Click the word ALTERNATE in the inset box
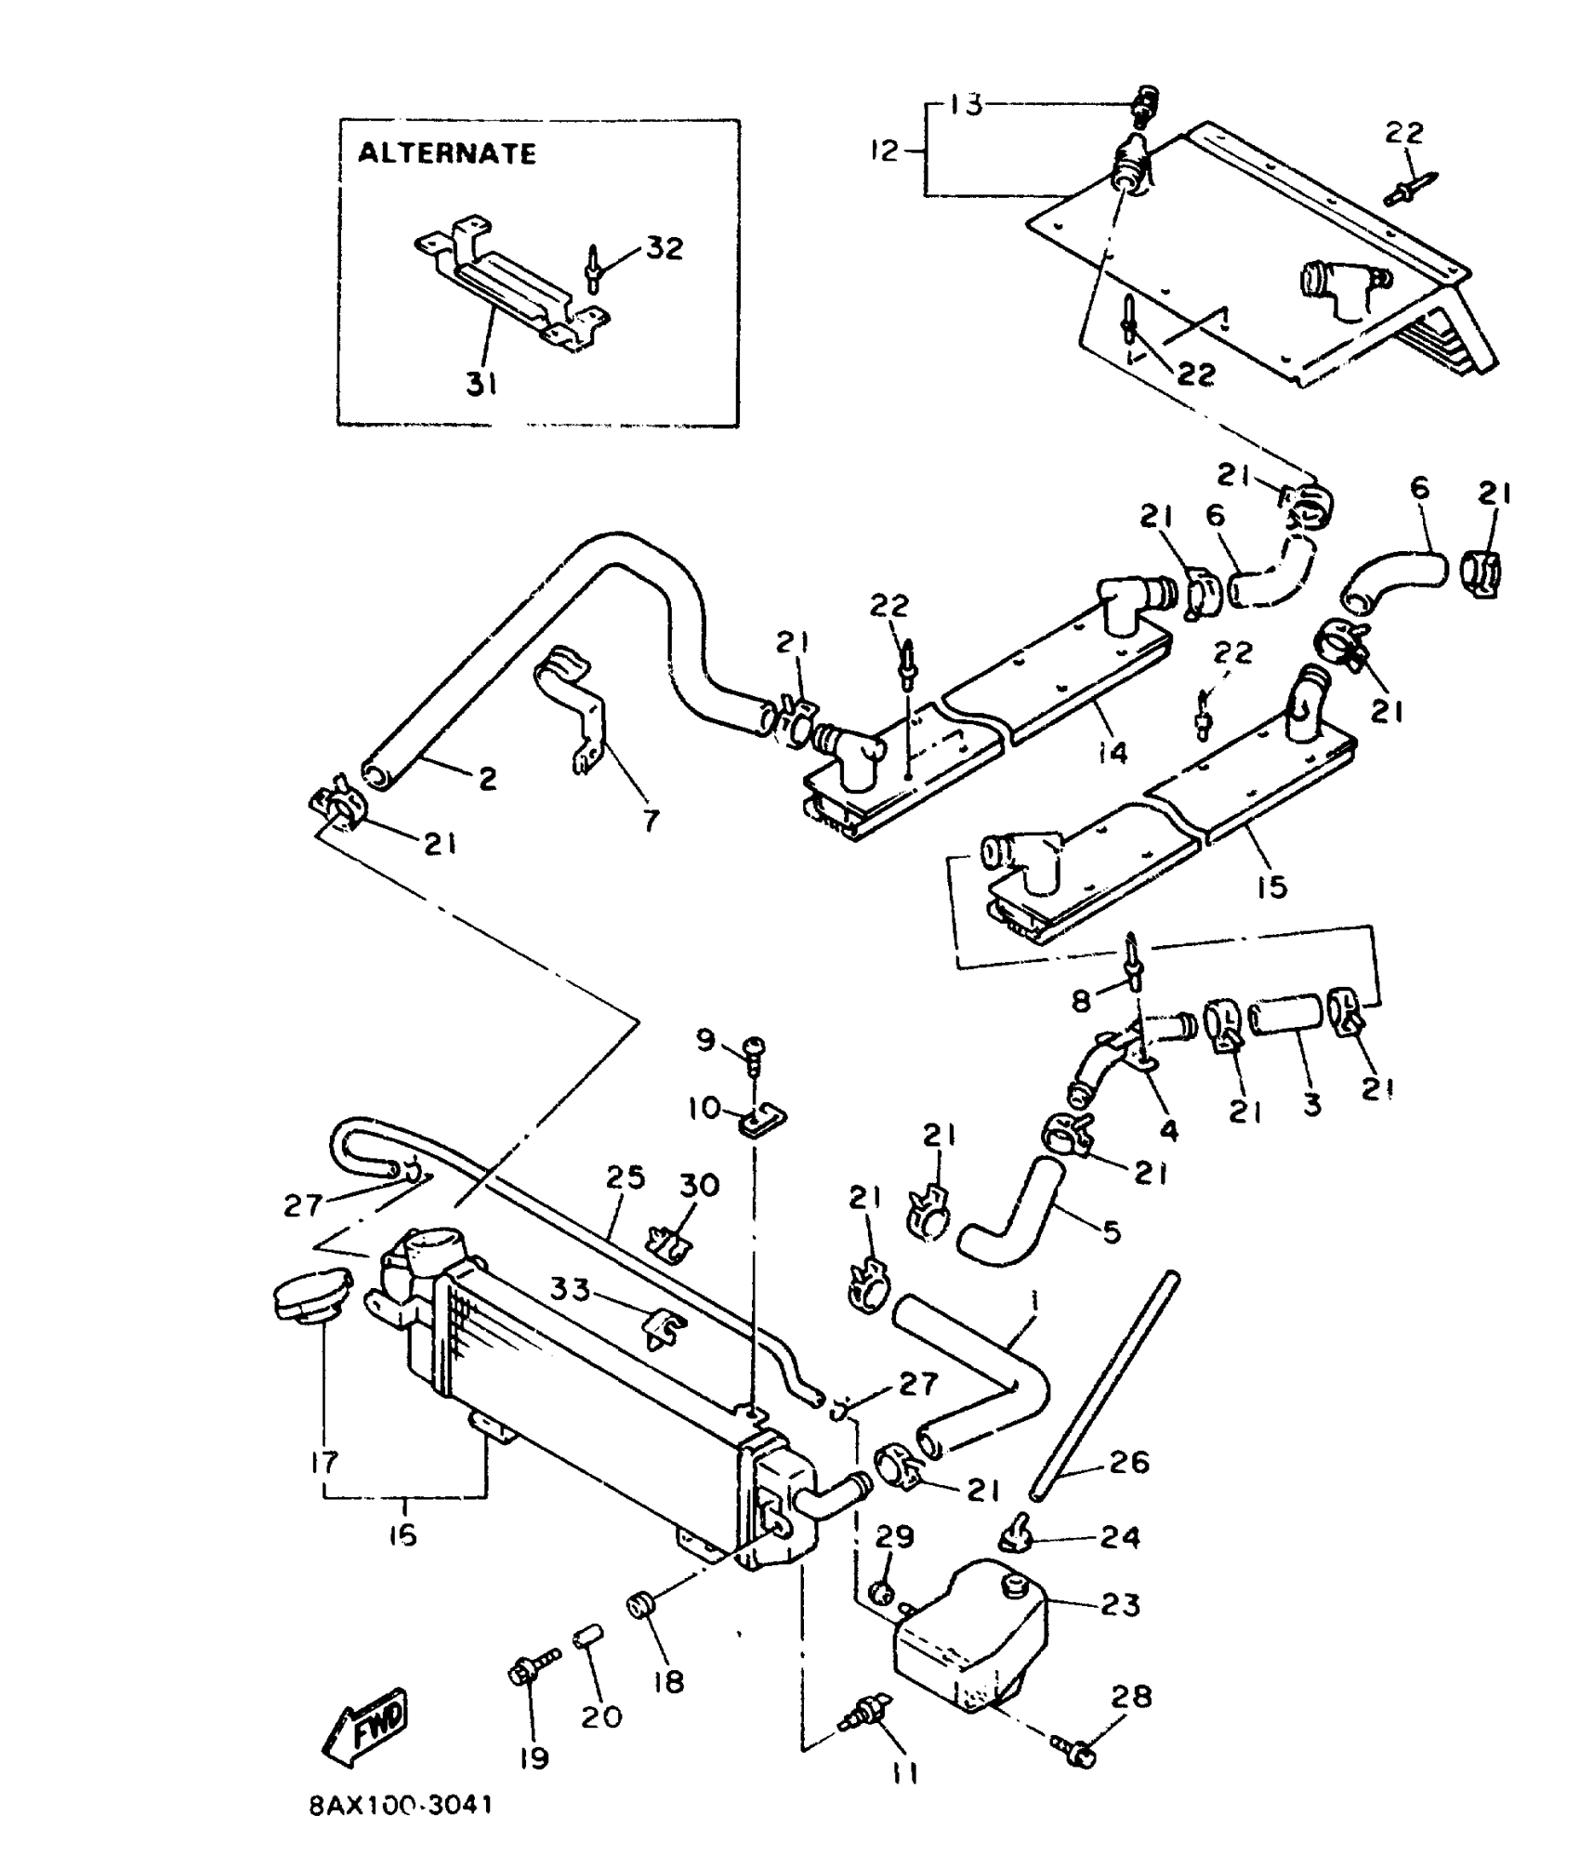click(447, 153)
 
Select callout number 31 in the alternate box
click(481, 383)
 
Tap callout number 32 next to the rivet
click(664, 248)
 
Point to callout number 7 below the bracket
click(651, 820)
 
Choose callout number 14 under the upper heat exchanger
click(1112, 751)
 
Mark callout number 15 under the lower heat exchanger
click(1271, 886)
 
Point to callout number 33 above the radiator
click(570, 1290)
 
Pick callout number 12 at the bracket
click(885, 151)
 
